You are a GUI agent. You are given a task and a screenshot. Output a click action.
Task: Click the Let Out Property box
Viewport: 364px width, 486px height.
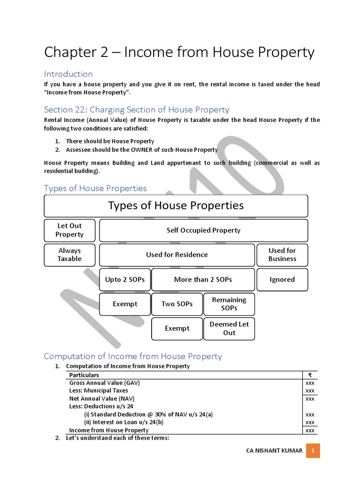70,230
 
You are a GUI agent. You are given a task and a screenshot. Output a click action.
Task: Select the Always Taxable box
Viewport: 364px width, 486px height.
70,255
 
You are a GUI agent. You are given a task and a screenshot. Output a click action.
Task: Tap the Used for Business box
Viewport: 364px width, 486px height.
282,255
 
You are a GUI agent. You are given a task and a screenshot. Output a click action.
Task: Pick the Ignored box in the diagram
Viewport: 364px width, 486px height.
282,280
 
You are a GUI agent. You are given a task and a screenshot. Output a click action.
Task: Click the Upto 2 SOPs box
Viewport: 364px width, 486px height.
125,280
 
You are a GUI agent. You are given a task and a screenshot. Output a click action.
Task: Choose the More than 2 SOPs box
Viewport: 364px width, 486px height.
203,280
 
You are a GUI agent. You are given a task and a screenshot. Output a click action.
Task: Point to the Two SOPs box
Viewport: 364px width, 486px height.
177,304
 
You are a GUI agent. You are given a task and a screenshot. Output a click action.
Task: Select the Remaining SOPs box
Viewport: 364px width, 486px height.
229,304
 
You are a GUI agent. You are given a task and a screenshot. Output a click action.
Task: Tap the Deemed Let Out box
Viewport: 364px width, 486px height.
229,328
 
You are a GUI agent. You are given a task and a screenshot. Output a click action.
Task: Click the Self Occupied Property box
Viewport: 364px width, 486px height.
203,230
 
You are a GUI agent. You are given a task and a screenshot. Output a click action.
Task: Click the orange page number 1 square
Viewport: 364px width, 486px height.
313,450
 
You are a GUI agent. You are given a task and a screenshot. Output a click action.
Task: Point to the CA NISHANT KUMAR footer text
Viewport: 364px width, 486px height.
274,450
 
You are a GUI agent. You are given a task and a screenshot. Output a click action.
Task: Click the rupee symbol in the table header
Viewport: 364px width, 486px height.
310,375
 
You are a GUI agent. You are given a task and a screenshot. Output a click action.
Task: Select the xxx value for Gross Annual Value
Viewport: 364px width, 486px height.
310,383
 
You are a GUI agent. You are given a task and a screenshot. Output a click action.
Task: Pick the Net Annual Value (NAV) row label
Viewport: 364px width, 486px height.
99,399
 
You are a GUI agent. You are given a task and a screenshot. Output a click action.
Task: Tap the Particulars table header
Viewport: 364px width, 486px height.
84,375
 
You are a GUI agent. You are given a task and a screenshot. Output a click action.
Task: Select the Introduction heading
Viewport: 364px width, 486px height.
68,74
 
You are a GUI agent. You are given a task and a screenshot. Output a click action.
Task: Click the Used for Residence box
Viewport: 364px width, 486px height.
177,255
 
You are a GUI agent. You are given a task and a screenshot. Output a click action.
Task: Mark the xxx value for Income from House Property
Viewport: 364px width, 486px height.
310,430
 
